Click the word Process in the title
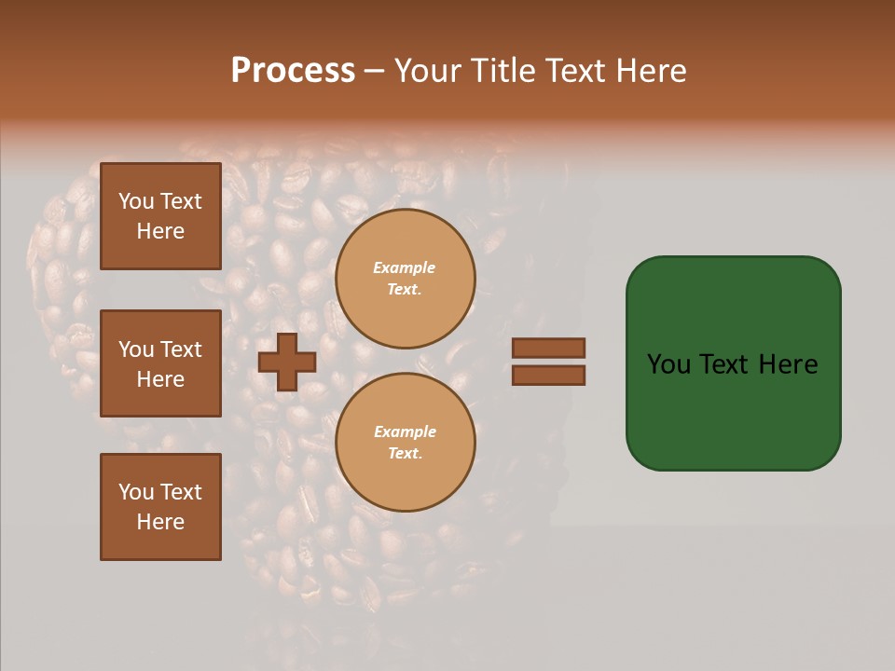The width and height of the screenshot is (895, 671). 293,71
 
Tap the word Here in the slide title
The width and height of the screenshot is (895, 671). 650,71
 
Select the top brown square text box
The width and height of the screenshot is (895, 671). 160,216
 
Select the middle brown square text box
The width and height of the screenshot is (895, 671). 160,363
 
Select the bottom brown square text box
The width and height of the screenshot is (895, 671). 160,507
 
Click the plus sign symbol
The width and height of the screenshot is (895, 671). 287,362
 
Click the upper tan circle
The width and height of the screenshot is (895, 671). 405,279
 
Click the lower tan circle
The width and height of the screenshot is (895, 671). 405,443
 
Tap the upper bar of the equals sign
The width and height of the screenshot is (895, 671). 548,349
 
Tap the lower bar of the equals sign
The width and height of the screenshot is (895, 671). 548,376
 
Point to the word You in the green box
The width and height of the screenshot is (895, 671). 669,364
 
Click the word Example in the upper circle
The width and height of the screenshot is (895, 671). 404,267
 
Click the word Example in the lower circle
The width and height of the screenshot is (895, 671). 405,431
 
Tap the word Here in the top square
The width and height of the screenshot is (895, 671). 160,231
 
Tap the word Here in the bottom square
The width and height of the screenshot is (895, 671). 160,522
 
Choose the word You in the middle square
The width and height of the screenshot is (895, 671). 136,349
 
